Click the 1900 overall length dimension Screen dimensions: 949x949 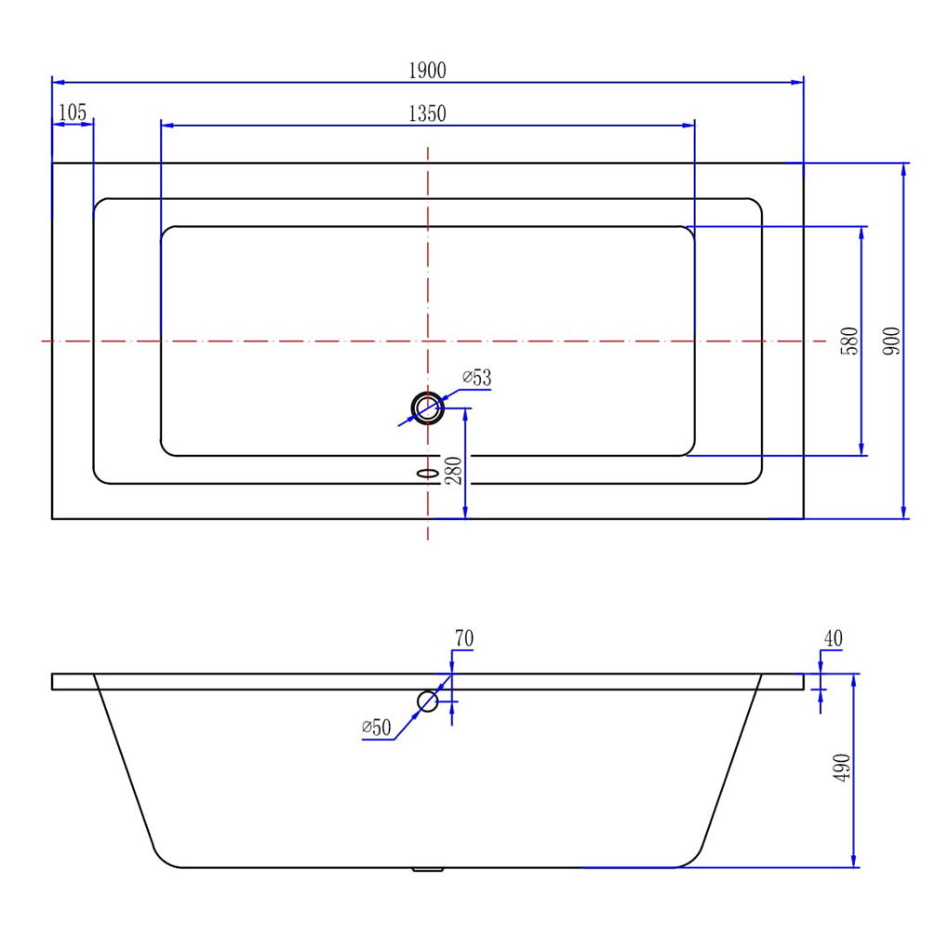click(427, 71)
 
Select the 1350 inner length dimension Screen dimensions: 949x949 click(427, 114)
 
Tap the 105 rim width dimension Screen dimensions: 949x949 click(73, 113)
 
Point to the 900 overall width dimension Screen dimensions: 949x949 click(891, 341)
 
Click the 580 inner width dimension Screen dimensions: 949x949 click(849, 341)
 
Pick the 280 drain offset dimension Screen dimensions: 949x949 click(453, 470)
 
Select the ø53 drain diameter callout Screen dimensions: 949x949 click(477, 378)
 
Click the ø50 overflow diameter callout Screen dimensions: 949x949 click(377, 727)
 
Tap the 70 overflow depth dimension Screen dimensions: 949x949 click(464, 638)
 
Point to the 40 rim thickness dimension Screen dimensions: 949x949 click(834, 638)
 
